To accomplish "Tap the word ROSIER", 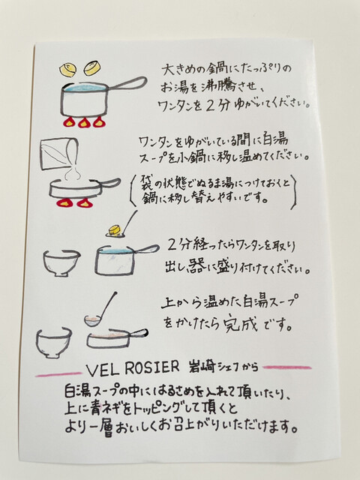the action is pyautogui.click(x=152, y=368).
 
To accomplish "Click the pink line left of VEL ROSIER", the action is pyautogui.click(x=58, y=373).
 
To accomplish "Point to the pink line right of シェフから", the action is pyautogui.click(x=286, y=367).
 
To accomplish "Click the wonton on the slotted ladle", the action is pyautogui.click(x=115, y=230).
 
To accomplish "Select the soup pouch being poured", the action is pyautogui.click(x=58, y=155).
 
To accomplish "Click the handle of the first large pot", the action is pyautogui.click(x=128, y=83).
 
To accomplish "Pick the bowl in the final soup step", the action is pyautogui.click(x=53, y=342).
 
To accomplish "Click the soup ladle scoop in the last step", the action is pyautogui.click(x=93, y=321).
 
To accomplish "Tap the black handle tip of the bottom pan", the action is pyautogui.click(x=143, y=332).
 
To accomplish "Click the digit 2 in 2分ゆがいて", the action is pyautogui.click(x=210, y=106).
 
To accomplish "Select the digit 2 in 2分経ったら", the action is pyautogui.click(x=172, y=245).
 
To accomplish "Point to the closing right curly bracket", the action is pyautogui.click(x=294, y=193).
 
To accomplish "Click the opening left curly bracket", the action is pyautogui.click(x=132, y=190).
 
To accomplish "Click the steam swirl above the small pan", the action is pyautogui.click(x=74, y=174).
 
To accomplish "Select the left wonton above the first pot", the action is pyautogui.click(x=68, y=70).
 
